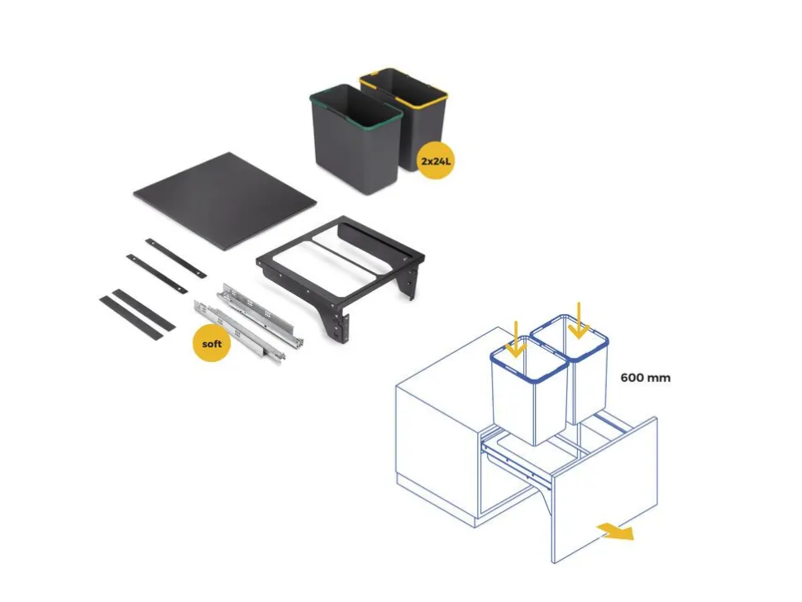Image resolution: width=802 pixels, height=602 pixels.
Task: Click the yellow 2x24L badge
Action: pos(436,161)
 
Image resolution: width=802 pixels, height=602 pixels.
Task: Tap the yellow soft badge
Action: pos(211,344)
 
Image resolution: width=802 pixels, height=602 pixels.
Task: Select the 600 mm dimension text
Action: pos(645,378)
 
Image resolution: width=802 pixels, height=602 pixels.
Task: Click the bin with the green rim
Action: pos(356,139)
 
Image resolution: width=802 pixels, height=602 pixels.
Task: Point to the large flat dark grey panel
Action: pos(225,200)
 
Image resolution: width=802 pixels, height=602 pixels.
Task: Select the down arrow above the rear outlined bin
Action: pos(579,320)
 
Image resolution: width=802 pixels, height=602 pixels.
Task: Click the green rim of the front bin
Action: pos(356,106)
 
